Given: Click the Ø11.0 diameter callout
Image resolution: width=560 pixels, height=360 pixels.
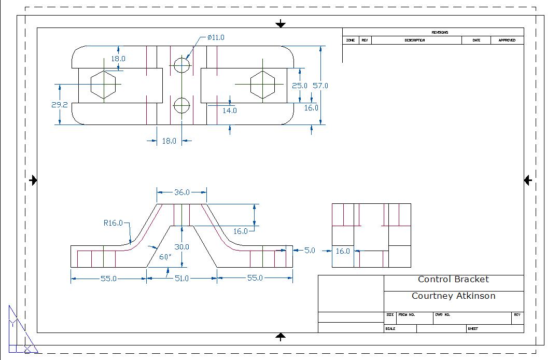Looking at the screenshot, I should [x=216, y=37].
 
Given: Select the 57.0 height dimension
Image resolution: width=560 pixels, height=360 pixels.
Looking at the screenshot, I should [x=320, y=85].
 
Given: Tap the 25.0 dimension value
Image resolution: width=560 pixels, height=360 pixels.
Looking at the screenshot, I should [x=299, y=85].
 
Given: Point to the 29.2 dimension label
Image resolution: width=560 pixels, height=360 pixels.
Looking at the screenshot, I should [x=60, y=104].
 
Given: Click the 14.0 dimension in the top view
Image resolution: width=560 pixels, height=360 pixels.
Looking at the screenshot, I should [x=230, y=110].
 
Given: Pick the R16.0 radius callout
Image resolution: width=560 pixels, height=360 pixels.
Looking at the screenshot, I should [x=113, y=223].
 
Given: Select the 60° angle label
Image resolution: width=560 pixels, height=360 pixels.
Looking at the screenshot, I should [x=165, y=257].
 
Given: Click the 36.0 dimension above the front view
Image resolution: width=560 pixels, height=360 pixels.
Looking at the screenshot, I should [x=181, y=192].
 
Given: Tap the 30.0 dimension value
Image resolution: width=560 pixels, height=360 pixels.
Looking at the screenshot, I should [x=182, y=247].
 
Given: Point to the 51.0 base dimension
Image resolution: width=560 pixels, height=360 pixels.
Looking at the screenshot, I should [x=181, y=278].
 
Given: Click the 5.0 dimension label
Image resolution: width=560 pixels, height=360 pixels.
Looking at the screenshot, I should [x=310, y=250].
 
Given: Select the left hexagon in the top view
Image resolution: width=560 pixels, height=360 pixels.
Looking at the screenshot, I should [x=103, y=85].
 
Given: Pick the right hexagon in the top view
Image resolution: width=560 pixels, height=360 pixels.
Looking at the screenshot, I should [x=262, y=85].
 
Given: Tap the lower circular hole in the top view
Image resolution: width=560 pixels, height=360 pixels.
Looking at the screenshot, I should [x=181, y=105].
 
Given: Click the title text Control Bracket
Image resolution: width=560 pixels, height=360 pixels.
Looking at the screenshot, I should [x=453, y=279].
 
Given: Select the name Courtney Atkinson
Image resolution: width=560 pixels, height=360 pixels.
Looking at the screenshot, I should [x=453, y=296].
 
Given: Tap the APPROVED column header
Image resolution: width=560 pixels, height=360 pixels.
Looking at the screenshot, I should [x=507, y=40].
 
